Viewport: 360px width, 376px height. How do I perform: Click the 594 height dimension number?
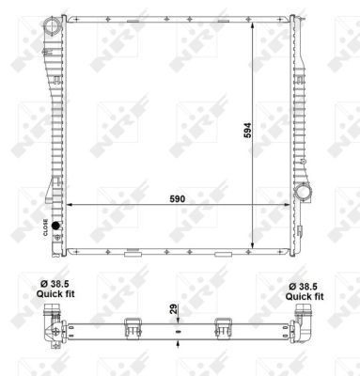point(247,130)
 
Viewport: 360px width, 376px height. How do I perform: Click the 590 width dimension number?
point(178,198)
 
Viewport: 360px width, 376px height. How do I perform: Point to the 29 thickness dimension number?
point(174,308)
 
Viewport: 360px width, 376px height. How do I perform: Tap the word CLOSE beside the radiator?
point(45,227)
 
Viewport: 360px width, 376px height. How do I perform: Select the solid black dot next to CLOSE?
point(55,226)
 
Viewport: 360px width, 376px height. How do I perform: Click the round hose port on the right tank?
point(304,191)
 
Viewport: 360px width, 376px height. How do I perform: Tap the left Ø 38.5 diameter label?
point(55,284)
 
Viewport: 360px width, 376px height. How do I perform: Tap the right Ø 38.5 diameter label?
point(304,287)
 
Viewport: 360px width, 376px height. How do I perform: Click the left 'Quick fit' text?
point(55,294)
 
